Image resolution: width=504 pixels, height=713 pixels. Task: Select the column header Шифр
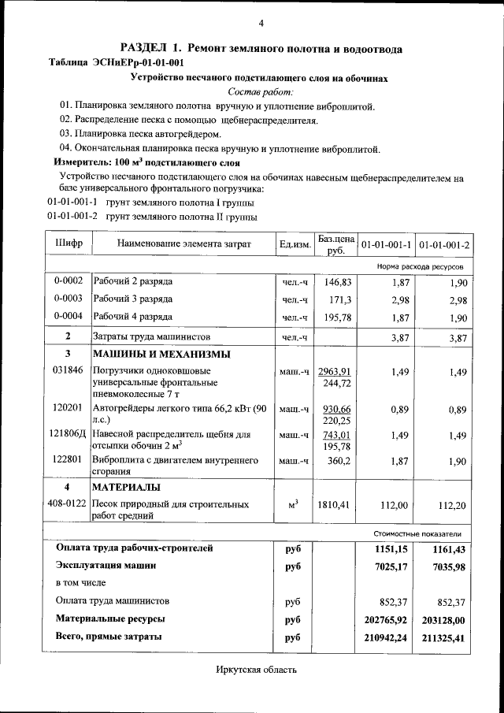[69, 243]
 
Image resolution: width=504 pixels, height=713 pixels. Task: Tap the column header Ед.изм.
[295, 244]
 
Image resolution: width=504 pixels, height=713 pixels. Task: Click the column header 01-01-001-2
[444, 244]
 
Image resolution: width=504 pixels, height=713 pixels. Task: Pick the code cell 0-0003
[69, 299]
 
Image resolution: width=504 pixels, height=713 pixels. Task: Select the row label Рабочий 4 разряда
[132, 317]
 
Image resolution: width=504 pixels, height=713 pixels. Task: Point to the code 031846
[68, 370]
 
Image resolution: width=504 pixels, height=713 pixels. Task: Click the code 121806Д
[69, 434]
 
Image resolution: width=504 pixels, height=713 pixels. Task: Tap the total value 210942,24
[386, 637]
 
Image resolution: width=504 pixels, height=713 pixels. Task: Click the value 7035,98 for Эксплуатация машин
[450, 566]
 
